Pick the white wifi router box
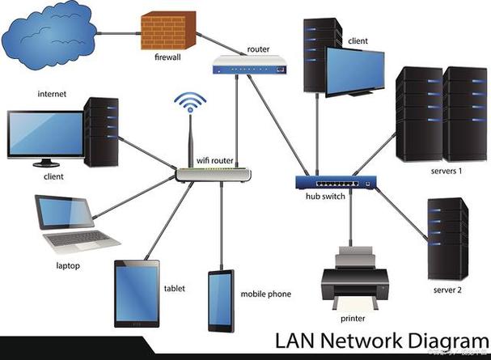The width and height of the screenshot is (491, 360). (x=213, y=173)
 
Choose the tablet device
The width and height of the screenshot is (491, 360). (x=138, y=293)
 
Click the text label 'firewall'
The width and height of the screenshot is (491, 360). (x=168, y=58)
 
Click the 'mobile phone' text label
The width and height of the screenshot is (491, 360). (x=265, y=294)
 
